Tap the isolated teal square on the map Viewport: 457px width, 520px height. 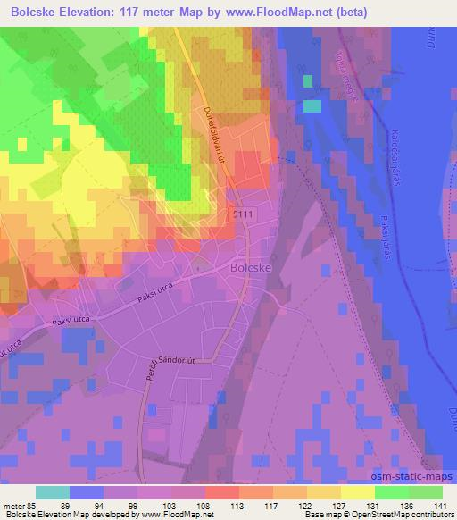(312, 106)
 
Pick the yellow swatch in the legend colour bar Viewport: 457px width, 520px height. (357, 492)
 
